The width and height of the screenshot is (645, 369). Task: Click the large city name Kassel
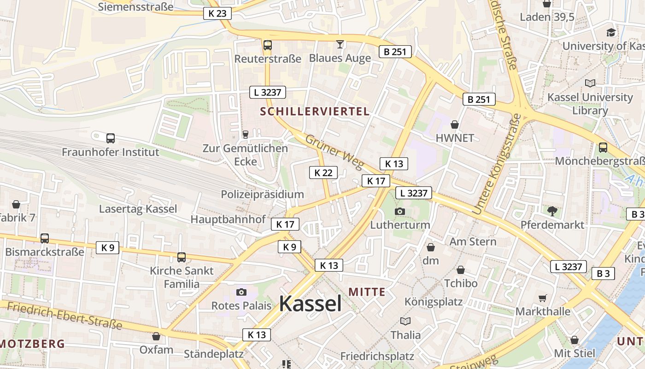pyautogui.click(x=310, y=304)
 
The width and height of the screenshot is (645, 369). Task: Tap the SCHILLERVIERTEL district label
pyautogui.click(x=315, y=111)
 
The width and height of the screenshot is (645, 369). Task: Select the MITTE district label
pyautogui.click(x=367, y=292)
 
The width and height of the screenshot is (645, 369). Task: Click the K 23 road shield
pyautogui.click(x=217, y=13)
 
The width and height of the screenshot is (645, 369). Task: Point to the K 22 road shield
pyautogui.click(x=323, y=173)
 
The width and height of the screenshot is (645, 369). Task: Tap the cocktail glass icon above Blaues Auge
pyautogui.click(x=340, y=44)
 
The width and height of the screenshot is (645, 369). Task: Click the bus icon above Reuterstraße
pyautogui.click(x=268, y=45)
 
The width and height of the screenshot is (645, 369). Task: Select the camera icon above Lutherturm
pyautogui.click(x=400, y=211)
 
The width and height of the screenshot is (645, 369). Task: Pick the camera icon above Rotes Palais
pyautogui.click(x=241, y=292)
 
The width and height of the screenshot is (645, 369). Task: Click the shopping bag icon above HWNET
pyautogui.click(x=455, y=125)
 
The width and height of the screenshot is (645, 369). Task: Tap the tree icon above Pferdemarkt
pyautogui.click(x=552, y=211)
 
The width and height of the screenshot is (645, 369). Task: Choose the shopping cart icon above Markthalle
pyautogui.click(x=543, y=298)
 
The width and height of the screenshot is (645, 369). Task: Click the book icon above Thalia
pyautogui.click(x=405, y=321)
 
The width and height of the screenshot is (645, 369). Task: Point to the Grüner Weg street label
pyautogui.click(x=334, y=152)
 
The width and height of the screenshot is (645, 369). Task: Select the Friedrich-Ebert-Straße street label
pyautogui.click(x=65, y=316)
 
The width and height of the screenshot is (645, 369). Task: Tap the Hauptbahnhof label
pyautogui.click(x=228, y=219)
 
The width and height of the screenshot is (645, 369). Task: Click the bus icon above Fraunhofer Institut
pyautogui.click(x=111, y=138)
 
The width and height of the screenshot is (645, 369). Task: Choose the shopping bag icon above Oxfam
pyautogui.click(x=156, y=336)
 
